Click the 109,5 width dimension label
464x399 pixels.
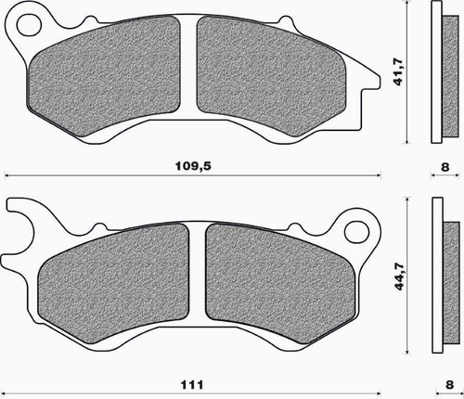click(x=193, y=166)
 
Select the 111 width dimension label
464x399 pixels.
click(x=192, y=385)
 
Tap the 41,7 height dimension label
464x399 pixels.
click(x=398, y=71)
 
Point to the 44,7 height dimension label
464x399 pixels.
click(x=400, y=277)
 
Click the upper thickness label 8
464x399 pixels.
click(x=445, y=167)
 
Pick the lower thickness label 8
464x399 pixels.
click(x=449, y=384)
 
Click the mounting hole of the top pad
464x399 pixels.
click(x=29, y=25)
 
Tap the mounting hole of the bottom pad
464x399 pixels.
click(x=357, y=232)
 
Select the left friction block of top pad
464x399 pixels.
click(x=104, y=76)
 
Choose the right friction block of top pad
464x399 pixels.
click(x=271, y=76)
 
